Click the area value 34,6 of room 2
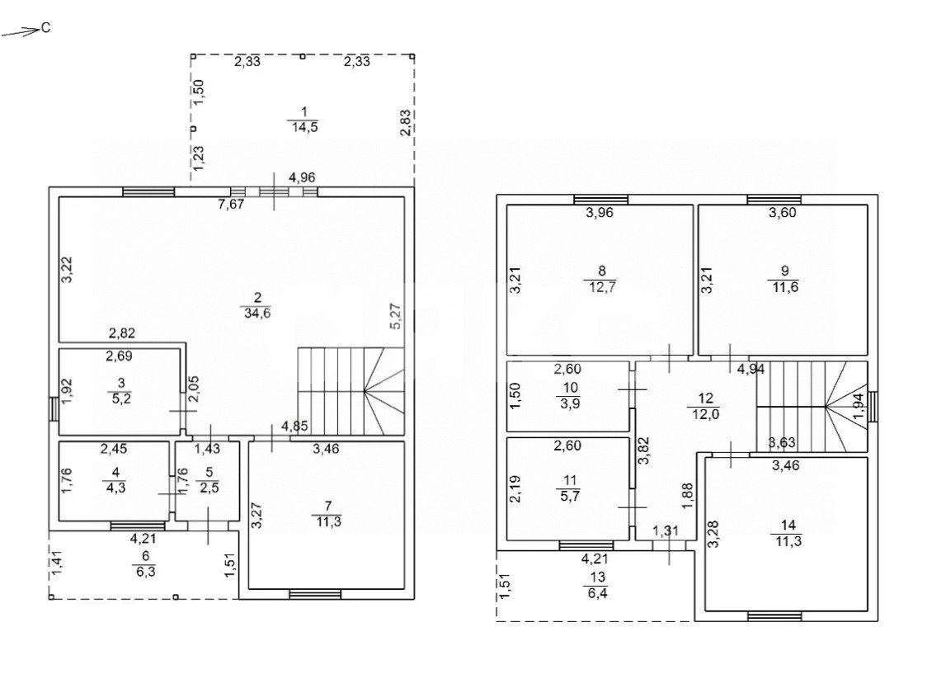257,313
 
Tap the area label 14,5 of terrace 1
304,127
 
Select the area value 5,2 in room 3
121,398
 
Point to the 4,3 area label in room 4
115,488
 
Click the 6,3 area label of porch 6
145,572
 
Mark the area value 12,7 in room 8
602,287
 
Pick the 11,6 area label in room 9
784,287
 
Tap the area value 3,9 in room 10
571,403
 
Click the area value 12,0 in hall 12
705,414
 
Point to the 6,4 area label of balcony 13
598,592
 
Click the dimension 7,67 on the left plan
231,205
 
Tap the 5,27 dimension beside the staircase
396,316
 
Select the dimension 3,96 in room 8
600,213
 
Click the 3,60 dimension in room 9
782,213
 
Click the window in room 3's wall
54,408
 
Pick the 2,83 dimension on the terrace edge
406,122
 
